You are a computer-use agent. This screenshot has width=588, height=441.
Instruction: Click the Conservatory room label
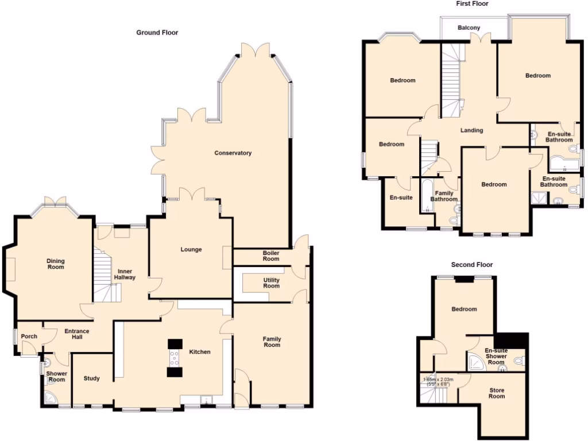tap(233, 153)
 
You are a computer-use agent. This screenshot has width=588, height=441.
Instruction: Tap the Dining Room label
tap(56, 264)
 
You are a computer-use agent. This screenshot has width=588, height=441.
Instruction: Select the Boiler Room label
tap(271, 256)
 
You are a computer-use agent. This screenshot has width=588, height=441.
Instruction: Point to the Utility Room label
tap(272, 283)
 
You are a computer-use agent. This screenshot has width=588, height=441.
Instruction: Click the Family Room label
tap(272, 342)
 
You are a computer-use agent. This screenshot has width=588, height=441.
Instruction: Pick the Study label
tap(91, 378)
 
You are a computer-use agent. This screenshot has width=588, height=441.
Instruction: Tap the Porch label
tap(29, 336)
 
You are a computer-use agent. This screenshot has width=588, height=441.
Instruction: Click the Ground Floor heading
tap(157, 33)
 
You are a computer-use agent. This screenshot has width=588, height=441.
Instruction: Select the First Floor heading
tap(472, 3)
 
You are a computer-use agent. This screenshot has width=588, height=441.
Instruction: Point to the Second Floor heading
tap(471, 265)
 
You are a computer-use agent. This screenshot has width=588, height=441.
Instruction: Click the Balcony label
tap(469, 28)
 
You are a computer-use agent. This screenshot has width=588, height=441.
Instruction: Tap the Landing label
tap(471, 130)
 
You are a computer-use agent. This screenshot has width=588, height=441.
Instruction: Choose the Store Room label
tap(497, 393)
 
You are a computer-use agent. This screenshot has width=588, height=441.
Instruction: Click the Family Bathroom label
tap(443, 196)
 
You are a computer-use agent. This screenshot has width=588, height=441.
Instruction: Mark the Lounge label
tap(191, 250)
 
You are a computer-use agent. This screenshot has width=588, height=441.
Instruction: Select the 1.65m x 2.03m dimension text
tap(438, 382)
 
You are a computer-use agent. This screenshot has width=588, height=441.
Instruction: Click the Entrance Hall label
tap(76, 334)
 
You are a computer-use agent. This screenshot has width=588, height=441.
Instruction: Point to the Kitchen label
tap(200, 352)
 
